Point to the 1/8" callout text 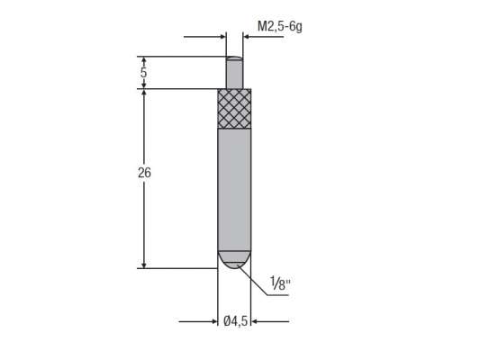(282, 287)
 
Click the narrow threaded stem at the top (233, 72)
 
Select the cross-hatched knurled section (233, 109)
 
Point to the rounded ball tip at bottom (233, 260)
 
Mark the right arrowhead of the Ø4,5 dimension (255, 320)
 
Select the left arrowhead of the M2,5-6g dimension (221, 37)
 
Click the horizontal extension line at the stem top (180, 57)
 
